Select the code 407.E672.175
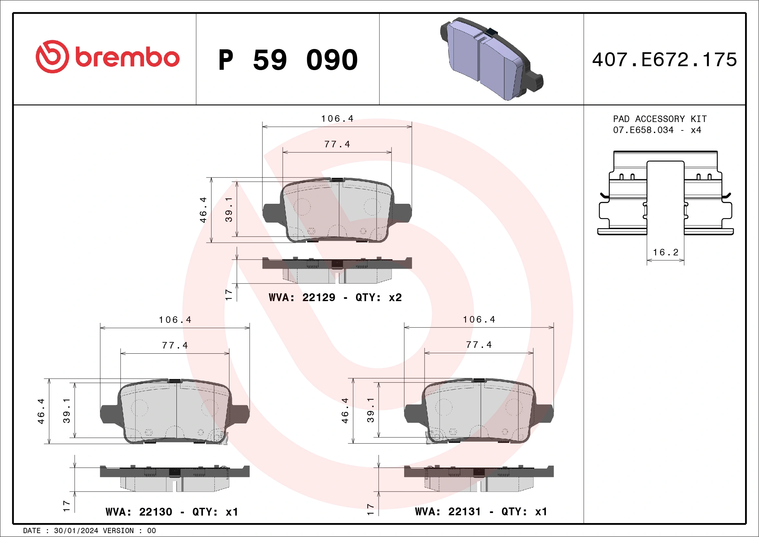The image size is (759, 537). (x=665, y=60)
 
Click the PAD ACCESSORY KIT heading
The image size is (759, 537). (x=659, y=119)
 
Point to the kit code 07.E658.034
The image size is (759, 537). (x=643, y=130)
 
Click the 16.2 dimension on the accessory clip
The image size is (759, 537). (x=665, y=252)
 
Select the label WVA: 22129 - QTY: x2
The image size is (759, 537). (x=335, y=297)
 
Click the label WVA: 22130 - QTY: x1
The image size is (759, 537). (x=172, y=512)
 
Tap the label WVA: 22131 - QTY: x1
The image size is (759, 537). (x=481, y=512)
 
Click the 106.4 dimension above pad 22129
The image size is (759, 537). (x=337, y=118)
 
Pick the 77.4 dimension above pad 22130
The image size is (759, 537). (x=175, y=345)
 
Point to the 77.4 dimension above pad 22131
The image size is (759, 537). (x=479, y=345)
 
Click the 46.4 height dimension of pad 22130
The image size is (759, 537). (x=41, y=411)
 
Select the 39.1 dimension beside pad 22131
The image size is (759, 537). (x=370, y=410)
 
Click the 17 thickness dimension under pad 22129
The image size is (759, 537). (x=228, y=294)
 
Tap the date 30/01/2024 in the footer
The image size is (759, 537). (x=76, y=531)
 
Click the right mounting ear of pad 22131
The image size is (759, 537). (x=544, y=413)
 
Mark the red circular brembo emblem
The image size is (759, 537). (x=52, y=57)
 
